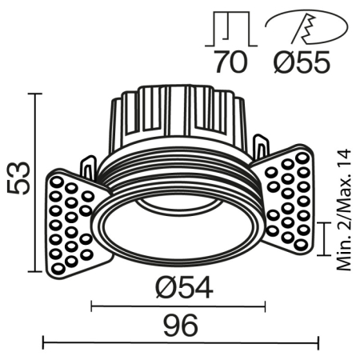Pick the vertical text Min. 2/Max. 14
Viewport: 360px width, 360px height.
click(345, 210)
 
